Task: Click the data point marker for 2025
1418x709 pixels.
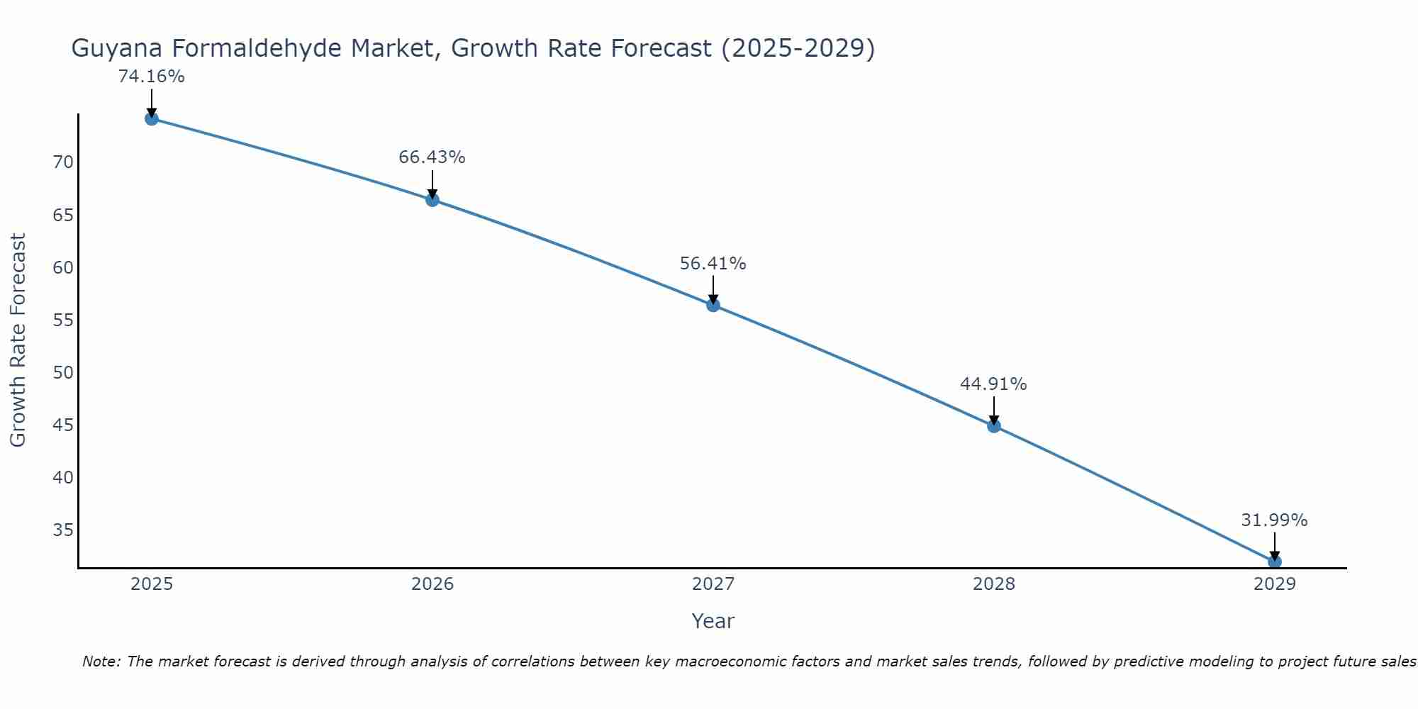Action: (151, 118)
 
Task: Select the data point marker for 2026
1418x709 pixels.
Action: (432, 200)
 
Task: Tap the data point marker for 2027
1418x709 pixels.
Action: (713, 305)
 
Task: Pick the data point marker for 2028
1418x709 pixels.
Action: (994, 426)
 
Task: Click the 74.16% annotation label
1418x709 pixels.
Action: (151, 77)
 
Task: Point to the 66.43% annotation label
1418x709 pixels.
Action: (432, 157)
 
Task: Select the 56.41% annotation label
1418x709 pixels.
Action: (713, 264)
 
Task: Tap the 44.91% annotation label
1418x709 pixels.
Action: (993, 384)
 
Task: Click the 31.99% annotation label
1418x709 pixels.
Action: (1274, 520)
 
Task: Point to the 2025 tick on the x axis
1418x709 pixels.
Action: (152, 584)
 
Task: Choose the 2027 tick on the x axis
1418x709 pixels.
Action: (713, 584)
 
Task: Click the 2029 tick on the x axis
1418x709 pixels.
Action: (1275, 584)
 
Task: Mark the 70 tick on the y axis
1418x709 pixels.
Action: (63, 162)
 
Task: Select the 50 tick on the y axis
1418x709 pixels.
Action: (63, 373)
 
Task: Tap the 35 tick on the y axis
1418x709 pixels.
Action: (63, 530)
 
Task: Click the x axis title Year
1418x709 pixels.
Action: (713, 621)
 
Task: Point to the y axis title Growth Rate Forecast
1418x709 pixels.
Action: (18, 340)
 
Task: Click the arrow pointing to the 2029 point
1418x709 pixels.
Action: (1274, 545)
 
